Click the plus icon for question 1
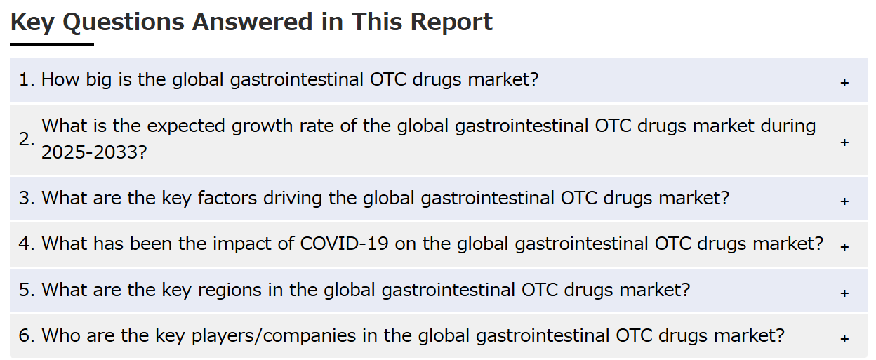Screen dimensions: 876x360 coord(844,83)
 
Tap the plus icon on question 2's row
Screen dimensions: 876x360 coord(844,142)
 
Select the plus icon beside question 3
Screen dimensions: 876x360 coord(844,201)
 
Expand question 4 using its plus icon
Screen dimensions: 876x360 coord(844,247)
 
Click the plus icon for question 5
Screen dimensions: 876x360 coord(844,293)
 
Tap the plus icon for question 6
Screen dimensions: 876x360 coord(844,339)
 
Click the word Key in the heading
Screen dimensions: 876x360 coord(32,22)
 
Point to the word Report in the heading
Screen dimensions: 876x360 coord(451,22)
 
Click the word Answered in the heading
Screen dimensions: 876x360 coord(252,22)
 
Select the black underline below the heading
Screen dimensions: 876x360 coord(52,44)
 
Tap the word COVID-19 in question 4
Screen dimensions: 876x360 coord(344,244)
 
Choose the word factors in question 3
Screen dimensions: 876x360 coord(227,198)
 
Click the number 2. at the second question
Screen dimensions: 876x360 coord(27,139)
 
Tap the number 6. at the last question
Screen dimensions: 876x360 coord(27,335)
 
